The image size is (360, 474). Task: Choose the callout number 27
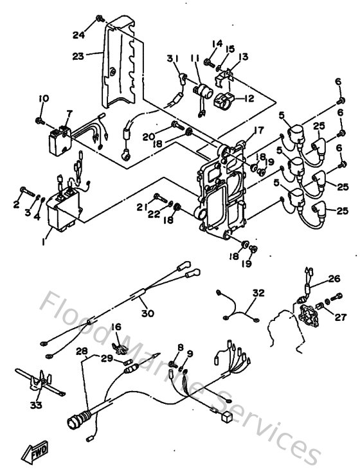(x=339, y=316)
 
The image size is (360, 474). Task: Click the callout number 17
(x=258, y=131)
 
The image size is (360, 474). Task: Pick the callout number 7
(x=69, y=113)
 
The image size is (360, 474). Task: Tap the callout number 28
(x=81, y=351)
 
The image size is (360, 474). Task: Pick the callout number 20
(x=148, y=136)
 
